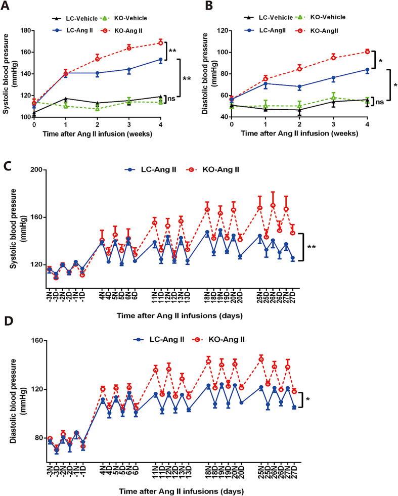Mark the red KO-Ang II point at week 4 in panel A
tap(161, 42)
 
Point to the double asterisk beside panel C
tap(312, 247)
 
